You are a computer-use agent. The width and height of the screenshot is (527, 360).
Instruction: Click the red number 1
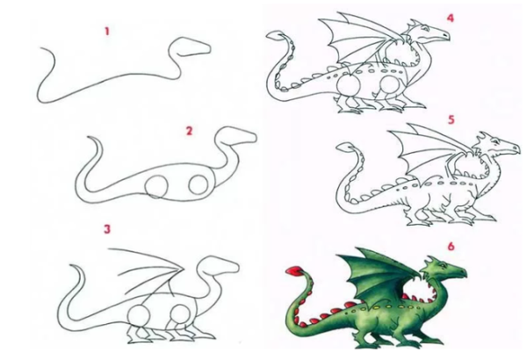(x=107, y=32)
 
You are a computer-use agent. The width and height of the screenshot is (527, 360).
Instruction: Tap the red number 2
(x=189, y=131)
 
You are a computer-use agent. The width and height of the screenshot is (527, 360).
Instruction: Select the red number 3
(x=107, y=229)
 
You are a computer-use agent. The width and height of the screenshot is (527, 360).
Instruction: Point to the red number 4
(x=451, y=18)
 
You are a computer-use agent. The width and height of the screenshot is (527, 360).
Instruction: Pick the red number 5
(x=451, y=120)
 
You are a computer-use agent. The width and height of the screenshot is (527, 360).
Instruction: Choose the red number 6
(x=451, y=247)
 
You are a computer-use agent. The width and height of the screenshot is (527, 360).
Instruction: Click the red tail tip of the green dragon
(x=293, y=270)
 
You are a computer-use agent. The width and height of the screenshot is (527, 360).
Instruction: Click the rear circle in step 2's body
(x=156, y=186)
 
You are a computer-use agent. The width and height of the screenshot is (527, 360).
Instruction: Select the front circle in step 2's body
(x=199, y=185)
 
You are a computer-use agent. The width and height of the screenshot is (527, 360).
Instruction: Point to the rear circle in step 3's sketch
(x=139, y=316)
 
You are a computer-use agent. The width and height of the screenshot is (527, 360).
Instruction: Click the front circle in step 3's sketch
(x=180, y=315)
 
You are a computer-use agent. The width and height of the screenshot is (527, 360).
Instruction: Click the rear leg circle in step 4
(x=349, y=85)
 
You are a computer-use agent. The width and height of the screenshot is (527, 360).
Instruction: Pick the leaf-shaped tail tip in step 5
(x=347, y=147)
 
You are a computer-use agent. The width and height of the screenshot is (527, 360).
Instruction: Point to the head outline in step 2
(x=235, y=135)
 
